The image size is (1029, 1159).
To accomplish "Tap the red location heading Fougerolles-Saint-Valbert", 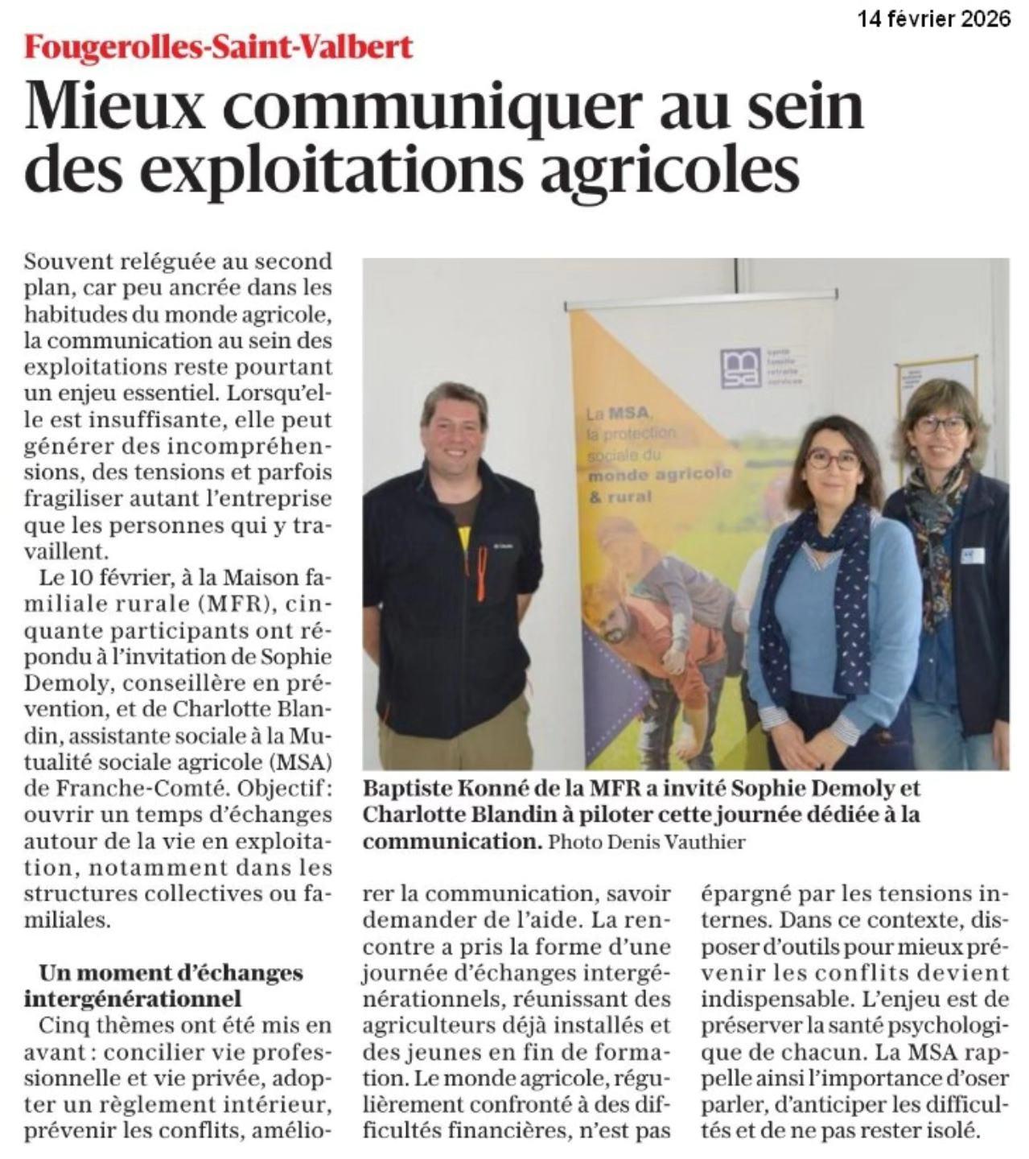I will point(218,47).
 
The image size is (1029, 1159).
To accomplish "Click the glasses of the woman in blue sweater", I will point(832,460).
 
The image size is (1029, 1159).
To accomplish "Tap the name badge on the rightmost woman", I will point(972,555).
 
